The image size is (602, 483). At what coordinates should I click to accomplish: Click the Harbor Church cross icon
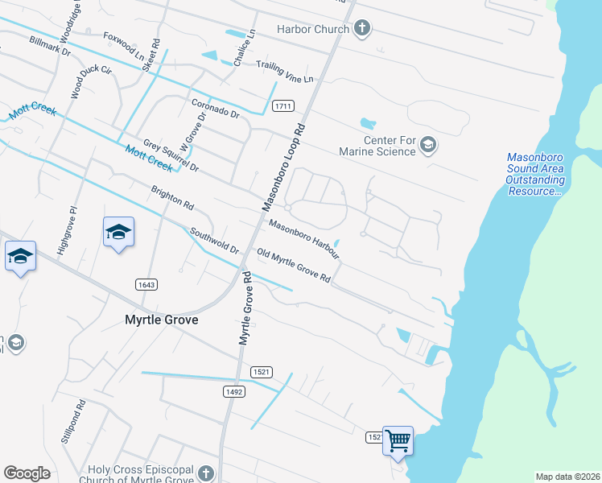362,30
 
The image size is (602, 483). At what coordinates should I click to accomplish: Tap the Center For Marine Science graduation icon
428,145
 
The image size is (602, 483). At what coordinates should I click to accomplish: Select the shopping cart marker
398,441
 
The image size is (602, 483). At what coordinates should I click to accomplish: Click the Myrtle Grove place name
161,320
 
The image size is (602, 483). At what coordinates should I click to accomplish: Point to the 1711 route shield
282,106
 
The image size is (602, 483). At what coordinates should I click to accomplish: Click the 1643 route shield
146,284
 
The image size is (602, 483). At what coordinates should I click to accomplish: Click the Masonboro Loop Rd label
282,167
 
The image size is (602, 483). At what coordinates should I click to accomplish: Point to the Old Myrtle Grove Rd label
293,266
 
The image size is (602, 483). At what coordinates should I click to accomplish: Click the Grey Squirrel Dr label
171,155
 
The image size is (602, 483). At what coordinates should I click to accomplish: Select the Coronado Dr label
216,109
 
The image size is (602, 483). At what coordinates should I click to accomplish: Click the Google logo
27,473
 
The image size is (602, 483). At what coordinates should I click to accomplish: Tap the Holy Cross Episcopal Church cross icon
206,473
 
